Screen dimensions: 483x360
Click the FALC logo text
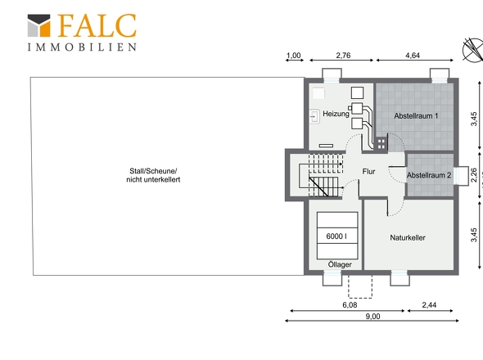(x=97, y=25)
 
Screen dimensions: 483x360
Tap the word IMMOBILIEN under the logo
(x=82, y=47)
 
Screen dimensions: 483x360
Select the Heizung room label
(x=336, y=114)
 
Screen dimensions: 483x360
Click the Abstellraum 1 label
(x=416, y=116)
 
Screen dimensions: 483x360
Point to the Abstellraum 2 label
(x=429, y=175)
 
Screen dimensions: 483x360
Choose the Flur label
(x=368, y=172)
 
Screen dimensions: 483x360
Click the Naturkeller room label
(x=408, y=238)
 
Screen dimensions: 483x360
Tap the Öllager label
(x=340, y=264)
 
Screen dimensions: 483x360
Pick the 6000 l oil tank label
(x=336, y=236)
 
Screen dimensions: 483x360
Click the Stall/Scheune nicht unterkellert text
(x=153, y=175)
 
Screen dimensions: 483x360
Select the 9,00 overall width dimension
(x=372, y=317)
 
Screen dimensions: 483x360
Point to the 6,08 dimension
(x=350, y=305)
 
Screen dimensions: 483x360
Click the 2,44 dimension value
(x=429, y=305)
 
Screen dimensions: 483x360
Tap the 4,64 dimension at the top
(x=413, y=56)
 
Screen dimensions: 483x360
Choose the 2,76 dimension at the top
(x=343, y=56)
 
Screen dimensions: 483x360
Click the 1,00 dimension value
(x=294, y=56)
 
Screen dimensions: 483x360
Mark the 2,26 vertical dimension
(x=474, y=175)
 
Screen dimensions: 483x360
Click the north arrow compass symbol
(x=473, y=50)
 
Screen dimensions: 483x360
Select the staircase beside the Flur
(x=321, y=175)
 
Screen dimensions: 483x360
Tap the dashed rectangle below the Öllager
(x=360, y=286)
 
